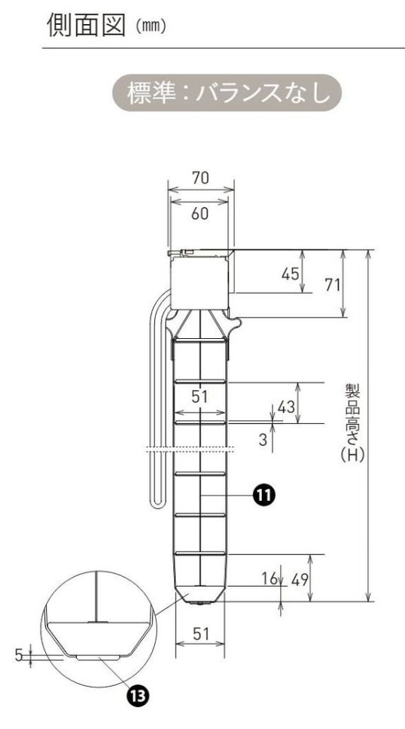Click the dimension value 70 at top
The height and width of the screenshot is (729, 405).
click(200, 178)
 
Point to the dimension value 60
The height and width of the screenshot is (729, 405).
click(199, 214)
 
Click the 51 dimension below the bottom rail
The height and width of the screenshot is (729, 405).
click(200, 634)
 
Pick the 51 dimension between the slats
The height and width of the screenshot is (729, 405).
click(199, 398)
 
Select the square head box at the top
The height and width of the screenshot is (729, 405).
click(199, 282)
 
